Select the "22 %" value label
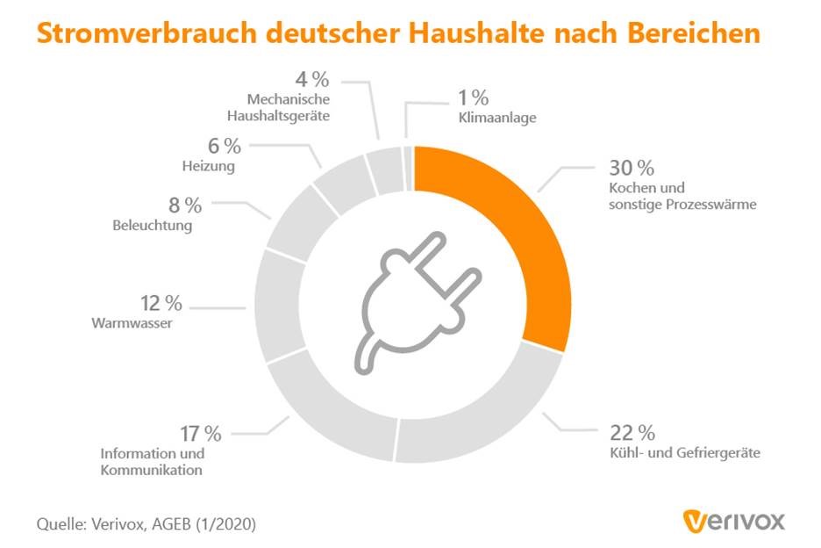[x=632, y=432]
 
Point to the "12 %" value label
[x=161, y=303]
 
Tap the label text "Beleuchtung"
[x=153, y=225]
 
